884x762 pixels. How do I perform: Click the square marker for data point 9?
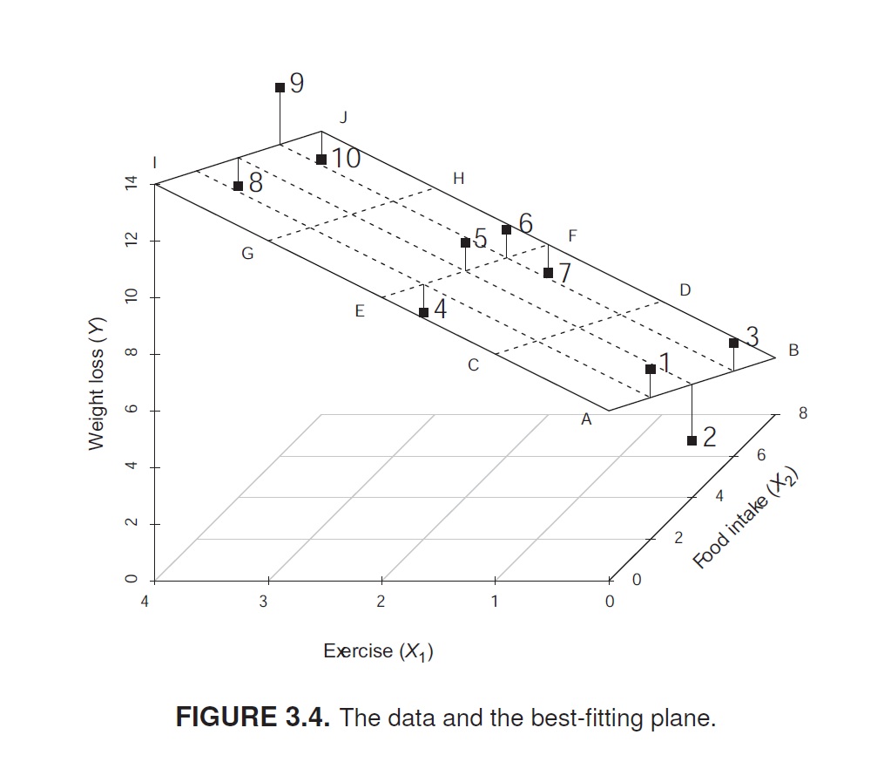(x=280, y=87)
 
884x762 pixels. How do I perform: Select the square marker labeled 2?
(x=692, y=440)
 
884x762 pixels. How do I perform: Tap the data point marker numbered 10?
(x=321, y=160)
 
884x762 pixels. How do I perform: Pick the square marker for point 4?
(x=423, y=312)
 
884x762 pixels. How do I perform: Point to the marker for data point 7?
(x=548, y=273)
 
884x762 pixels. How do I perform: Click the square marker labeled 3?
(x=733, y=343)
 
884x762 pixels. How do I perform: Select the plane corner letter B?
(x=793, y=350)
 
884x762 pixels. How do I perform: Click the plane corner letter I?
(x=154, y=162)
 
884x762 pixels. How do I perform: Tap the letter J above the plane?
(x=343, y=116)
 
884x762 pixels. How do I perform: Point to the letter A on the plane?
(x=586, y=420)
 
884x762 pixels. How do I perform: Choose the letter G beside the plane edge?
(x=247, y=255)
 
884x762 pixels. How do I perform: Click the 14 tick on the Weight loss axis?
(x=132, y=184)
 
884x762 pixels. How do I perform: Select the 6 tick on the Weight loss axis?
(x=132, y=410)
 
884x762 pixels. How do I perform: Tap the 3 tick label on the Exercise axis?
(x=263, y=602)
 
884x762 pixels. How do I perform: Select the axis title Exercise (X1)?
(x=378, y=651)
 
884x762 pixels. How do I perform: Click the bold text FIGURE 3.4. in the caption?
(x=253, y=718)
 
